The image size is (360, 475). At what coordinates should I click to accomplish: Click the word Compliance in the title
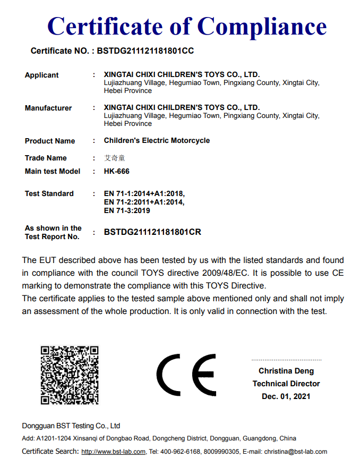pos(262,26)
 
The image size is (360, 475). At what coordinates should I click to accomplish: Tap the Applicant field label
pos(41,75)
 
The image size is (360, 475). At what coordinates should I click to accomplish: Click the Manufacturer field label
pos(48,108)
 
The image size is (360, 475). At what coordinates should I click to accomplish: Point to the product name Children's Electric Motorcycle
pos(157,141)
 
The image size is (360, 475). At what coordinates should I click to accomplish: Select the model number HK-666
pos(116,171)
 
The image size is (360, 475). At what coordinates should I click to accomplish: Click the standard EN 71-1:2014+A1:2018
pos(144,193)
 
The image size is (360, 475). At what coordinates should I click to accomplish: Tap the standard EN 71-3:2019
pos(126,210)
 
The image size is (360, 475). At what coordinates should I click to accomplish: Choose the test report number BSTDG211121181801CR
pos(152,232)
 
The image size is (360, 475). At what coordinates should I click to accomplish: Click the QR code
pos(70,375)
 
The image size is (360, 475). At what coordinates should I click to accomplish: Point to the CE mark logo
pos(186,375)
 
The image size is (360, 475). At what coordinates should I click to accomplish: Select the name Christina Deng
pos(286,371)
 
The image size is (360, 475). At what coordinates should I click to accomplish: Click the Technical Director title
pos(286,384)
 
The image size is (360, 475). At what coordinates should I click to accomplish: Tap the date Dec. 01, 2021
pos(286,396)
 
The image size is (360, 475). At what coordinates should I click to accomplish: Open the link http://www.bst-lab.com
pos(113,452)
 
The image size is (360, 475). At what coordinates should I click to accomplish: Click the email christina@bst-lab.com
pos(296,452)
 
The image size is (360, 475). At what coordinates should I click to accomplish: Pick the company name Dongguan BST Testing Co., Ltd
pos(71,426)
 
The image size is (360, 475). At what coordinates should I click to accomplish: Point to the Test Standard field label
pos(49,193)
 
